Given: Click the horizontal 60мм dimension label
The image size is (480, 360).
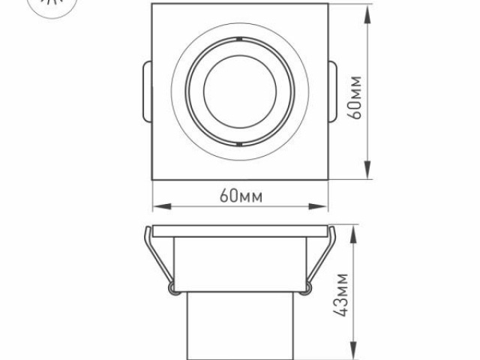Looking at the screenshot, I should click(241, 196).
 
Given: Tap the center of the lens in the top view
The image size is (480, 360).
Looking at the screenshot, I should click(240, 90).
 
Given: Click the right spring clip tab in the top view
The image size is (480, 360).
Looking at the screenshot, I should click(333, 91).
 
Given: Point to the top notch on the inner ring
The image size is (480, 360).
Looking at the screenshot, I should click(240, 37).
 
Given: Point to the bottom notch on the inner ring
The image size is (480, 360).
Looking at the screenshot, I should click(240, 142).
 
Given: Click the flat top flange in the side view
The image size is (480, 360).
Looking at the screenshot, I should click(240, 229).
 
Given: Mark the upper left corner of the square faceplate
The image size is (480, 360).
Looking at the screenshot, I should click(152, 4).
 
